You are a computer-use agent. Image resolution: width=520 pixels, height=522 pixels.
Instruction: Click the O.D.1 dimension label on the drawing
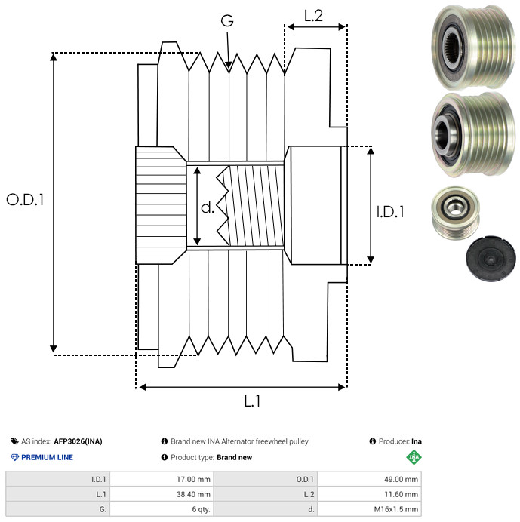[x=26, y=200]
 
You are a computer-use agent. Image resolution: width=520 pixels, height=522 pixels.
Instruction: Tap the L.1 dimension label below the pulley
[x=252, y=401]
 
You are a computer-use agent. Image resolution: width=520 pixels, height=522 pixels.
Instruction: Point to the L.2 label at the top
[x=313, y=16]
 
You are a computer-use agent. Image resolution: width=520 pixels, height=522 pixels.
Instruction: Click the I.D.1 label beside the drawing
[x=390, y=212]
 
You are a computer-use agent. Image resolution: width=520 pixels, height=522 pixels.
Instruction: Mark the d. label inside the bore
[x=208, y=207]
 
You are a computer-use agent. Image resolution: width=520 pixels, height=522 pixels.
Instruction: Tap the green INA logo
[x=414, y=456]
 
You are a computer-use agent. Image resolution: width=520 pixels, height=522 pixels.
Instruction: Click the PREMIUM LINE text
[x=47, y=457]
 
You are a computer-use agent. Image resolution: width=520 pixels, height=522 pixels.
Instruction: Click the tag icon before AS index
[x=14, y=441]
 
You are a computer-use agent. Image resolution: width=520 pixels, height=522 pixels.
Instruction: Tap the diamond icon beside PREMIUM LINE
[x=14, y=457]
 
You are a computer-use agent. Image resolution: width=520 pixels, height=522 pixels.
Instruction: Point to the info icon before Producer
[x=373, y=441]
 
